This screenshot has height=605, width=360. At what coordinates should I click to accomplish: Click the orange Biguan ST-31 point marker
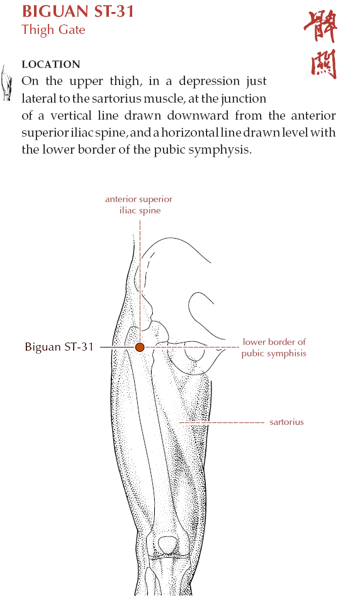[x=140, y=348]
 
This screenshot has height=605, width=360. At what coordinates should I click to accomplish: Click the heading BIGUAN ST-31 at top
[x=78, y=11]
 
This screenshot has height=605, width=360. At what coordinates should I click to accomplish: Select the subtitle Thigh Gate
[x=53, y=30]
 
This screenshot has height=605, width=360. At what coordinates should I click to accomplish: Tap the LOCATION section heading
[x=51, y=64]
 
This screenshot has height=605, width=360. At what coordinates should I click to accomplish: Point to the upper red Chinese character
[x=320, y=26]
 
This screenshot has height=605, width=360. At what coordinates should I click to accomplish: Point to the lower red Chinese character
[x=323, y=64]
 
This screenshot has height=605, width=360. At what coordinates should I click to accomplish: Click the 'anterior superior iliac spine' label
[x=139, y=205]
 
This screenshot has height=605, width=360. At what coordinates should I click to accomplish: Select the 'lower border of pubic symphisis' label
[x=274, y=348]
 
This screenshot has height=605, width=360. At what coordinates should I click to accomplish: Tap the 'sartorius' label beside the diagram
[x=287, y=422]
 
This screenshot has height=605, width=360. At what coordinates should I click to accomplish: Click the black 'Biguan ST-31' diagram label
[x=59, y=347]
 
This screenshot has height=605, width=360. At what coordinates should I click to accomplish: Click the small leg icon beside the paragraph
[x=6, y=82]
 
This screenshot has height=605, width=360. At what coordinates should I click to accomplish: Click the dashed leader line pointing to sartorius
[x=222, y=423]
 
